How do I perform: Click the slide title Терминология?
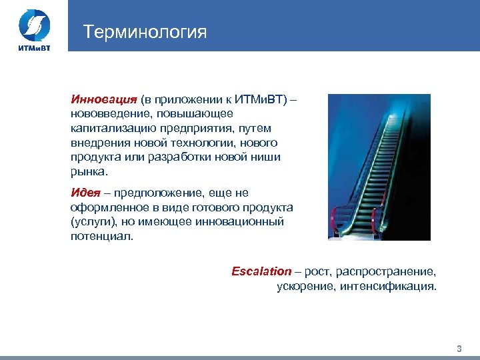click(145, 32)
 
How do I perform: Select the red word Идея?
click(85, 193)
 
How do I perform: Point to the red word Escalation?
click(261, 271)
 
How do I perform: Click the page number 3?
click(459, 349)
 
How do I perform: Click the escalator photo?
click(379, 167)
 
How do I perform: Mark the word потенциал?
click(102, 237)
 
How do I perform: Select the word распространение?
click(386, 271)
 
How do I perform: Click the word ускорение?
click(305, 287)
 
